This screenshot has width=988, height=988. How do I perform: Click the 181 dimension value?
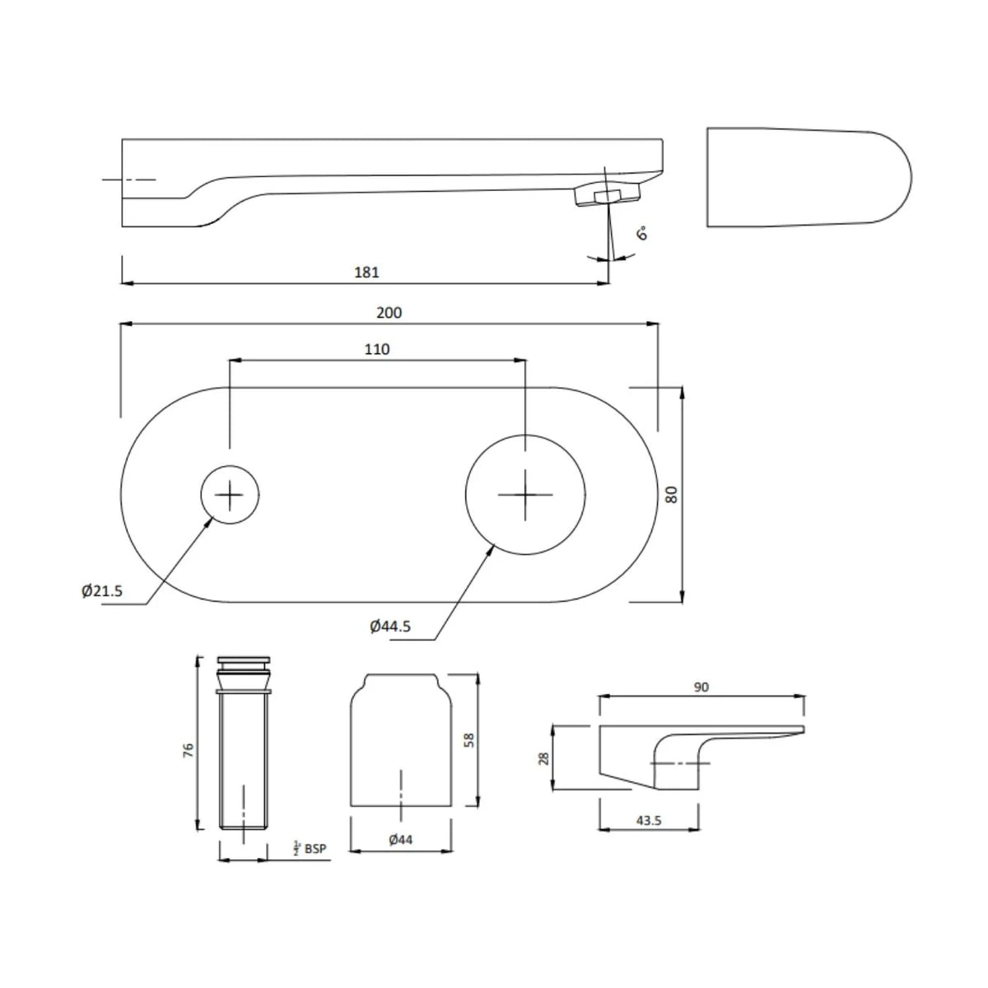tap(366, 272)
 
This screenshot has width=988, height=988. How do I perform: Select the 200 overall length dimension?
tap(389, 312)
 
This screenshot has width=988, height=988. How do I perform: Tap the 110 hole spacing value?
tap(377, 349)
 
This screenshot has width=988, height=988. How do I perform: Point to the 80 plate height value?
tap(672, 494)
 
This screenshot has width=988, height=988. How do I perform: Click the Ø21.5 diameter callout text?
tap(101, 591)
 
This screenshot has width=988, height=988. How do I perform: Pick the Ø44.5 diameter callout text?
tap(390, 626)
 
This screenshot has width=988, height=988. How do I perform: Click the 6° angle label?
tap(642, 233)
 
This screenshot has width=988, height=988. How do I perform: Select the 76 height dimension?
tap(189, 749)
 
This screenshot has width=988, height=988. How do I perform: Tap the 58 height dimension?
tap(468, 740)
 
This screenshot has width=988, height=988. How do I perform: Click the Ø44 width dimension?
tap(400, 839)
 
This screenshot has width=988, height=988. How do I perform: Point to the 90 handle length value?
tap(701, 687)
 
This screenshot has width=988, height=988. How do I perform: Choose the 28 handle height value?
tap(544, 757)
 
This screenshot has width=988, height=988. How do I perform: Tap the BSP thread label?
tap(315, 849)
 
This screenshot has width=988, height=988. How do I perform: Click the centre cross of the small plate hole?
tap(229, 495)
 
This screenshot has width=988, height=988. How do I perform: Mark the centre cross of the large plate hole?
tap(525, 494)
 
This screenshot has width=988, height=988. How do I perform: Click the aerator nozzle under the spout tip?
tap(607, 195)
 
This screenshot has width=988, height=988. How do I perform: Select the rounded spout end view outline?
tap(809, 177)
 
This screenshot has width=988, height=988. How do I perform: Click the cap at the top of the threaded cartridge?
tap(244, 661)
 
